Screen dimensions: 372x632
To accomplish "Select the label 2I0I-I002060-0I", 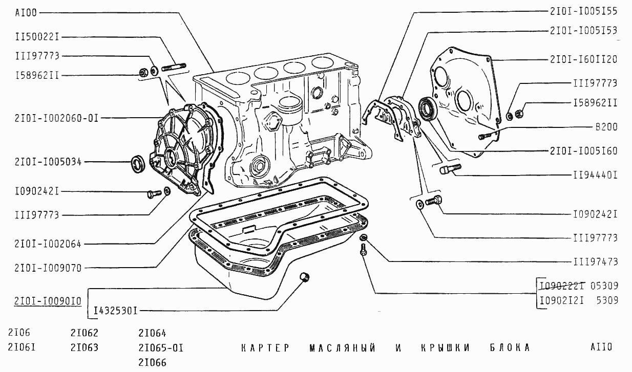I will pyautogui.click(x=56, y=118).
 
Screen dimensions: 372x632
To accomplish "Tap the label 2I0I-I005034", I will pyautogui.click(x=48, y=162).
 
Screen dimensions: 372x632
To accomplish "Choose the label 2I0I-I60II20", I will pyautogui.click(x=583, y=60).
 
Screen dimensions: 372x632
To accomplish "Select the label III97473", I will pyautogui.click(x=595, y=262).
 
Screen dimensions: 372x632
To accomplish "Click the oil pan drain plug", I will pyautogui.click(x=305, y=277).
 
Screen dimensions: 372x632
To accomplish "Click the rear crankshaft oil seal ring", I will pyautogui.click(x=427, y=108).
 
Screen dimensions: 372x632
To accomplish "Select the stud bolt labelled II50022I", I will pyautogui.click(x=174, y=67).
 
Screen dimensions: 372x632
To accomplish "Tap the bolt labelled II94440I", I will pyautogui.click(x=450, y=169).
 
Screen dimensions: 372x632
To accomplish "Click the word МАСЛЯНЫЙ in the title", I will pyautogui.click(x=342, y=348).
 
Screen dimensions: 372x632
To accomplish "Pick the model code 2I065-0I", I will pyautogui.click(x=161, y=348).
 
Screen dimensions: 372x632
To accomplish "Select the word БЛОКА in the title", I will pyautogui.click(x=507, y=348).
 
